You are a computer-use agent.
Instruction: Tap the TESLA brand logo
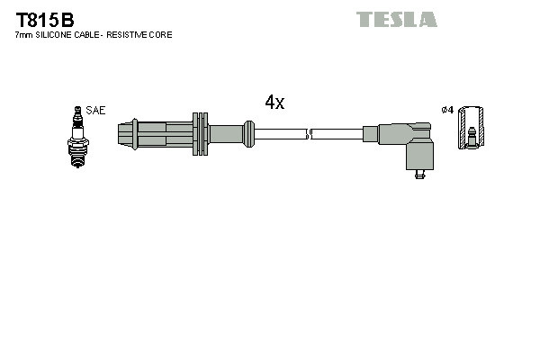(396, 19)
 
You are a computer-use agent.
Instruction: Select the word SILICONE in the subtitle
(58, 35)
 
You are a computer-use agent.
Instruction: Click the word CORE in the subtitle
(162, 35)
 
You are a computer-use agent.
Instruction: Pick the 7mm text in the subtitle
(23, 35)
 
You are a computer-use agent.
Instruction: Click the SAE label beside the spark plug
(96, 111)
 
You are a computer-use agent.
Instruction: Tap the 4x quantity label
(274, 103)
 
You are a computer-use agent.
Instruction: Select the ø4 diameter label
(447, 111)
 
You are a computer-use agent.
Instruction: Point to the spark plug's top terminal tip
(77, 110)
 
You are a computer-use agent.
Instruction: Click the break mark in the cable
(309, 135)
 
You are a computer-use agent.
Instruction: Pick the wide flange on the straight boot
(200, 134)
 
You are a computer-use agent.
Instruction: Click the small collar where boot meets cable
(247, 135)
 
